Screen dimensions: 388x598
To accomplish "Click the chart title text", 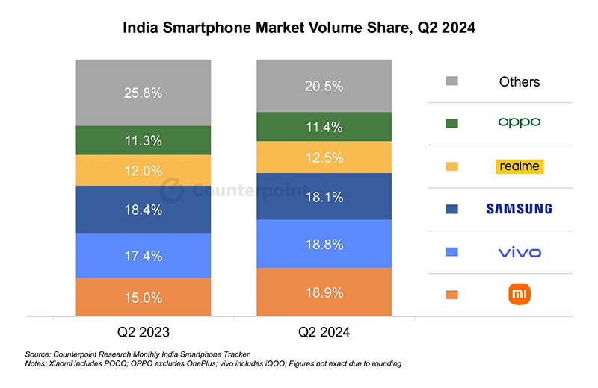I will coord(299,28).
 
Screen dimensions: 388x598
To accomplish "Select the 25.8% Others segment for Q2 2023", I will coord(143,93).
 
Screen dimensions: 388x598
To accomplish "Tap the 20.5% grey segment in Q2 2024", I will coord(324,86).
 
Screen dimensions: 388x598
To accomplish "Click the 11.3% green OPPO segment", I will coord(143,140).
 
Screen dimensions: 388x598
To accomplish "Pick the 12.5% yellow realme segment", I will coord(324,157).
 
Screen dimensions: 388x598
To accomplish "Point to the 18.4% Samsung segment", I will coord(143,210).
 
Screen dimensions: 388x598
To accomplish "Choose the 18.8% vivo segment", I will coord(324,244).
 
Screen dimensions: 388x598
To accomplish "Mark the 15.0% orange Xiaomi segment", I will coord(143,297).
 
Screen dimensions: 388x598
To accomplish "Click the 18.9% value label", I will coord(324,292).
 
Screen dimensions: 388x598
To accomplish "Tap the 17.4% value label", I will coord(143,255).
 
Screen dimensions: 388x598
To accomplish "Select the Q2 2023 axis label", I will coord(143,331).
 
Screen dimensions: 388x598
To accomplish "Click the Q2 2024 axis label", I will coord(324,331).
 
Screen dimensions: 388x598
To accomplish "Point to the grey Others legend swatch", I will coord(452,81).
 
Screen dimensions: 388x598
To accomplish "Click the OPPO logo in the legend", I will coord(520,122).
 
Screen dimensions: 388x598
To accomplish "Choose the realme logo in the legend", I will coord(520,166).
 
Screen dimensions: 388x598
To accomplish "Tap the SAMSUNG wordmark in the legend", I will coord(520,209).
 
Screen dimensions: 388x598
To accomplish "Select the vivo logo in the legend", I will coord(520,252).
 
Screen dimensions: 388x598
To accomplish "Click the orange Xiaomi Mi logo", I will coord(520,295).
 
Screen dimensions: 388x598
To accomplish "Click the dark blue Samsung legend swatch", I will coord(452,209).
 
